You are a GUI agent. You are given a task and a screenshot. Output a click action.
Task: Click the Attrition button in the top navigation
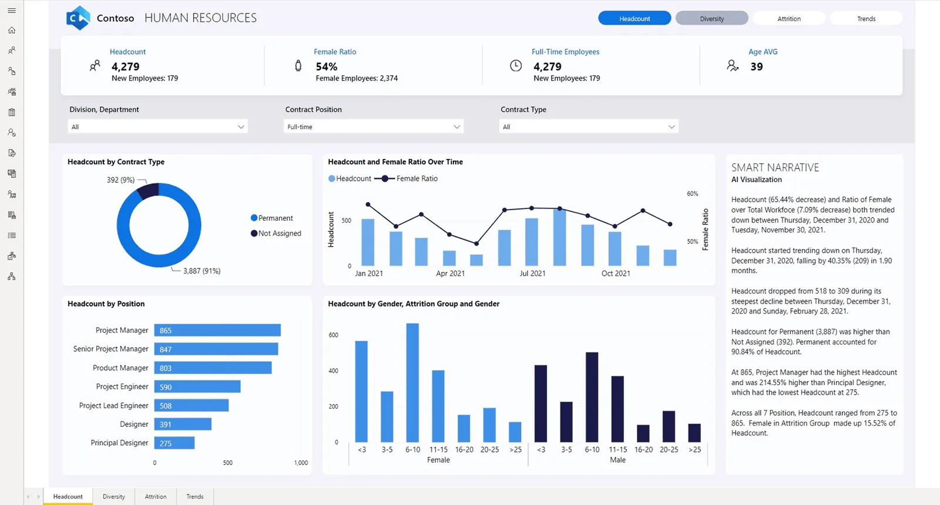[789, 18]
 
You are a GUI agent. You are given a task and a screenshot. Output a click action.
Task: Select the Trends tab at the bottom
[194, 496]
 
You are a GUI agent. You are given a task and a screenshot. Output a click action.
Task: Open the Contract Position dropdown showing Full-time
[374, 127]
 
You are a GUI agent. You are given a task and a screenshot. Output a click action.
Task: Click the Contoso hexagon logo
[79, 18]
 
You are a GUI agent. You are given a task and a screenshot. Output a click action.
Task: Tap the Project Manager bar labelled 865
[217, 330]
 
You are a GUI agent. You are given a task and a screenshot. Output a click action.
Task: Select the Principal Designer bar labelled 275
[174, 443]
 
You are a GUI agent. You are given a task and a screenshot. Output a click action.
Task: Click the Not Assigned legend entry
[276, 233]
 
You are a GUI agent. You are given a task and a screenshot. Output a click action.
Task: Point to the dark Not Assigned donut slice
[147, 191]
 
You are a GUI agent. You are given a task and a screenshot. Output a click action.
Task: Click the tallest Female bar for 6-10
[412, 382]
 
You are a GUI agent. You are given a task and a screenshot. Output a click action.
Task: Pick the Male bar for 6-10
[592, 397]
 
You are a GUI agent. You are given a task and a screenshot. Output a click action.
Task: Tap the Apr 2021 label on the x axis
[450, 274]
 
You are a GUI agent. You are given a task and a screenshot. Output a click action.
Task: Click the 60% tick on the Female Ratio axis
[693, 194]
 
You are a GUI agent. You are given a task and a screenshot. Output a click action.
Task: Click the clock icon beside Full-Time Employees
[516, 65]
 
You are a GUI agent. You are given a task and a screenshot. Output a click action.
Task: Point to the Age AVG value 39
[757, 67]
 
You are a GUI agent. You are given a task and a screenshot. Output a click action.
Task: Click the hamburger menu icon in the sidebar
[12, 11]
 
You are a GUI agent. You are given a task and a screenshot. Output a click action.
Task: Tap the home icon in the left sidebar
[12, 30]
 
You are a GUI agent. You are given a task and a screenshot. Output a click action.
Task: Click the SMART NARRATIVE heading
[775, 168]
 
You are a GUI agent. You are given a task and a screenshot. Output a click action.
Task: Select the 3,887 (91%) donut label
[202, 271]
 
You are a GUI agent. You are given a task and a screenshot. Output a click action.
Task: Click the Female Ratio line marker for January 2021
[368, 205]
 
